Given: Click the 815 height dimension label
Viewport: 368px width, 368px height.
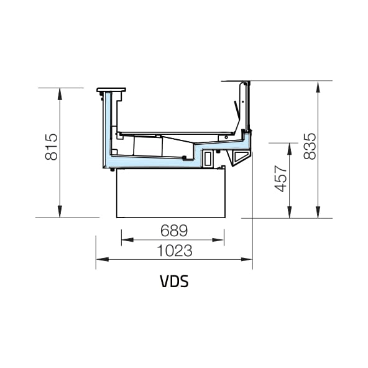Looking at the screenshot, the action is click(51, 147).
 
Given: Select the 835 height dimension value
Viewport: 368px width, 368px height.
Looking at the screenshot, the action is click(310, 147).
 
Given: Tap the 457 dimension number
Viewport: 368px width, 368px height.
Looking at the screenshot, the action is click(281, 178).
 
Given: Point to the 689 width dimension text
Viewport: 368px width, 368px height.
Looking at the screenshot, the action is click(174, 231).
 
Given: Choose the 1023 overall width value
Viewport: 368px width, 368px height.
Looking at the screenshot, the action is click(175, 251).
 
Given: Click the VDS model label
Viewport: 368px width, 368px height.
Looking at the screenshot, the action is click(174, 281).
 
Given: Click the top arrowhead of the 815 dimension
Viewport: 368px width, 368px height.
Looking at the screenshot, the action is click(60, 94).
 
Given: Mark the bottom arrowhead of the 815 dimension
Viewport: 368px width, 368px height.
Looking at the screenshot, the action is click(60, 211).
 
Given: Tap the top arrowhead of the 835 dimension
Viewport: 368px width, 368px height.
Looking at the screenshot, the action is click(318, 87).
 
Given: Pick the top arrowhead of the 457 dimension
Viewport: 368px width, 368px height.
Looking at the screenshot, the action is click(290, 149).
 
